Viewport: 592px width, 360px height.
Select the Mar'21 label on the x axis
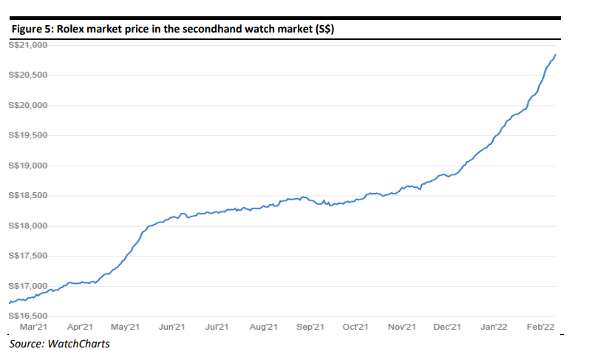[x=34, y=326]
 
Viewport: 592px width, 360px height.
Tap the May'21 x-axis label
[x=126, y=326]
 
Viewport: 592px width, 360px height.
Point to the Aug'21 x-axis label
[x=263, y=326]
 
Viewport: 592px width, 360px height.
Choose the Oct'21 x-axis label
[x=356, y=326]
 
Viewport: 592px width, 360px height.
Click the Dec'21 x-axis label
[x=448, y=326]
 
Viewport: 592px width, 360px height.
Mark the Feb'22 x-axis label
[x=540, y=326]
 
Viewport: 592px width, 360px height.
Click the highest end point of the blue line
[x=555, y=55]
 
